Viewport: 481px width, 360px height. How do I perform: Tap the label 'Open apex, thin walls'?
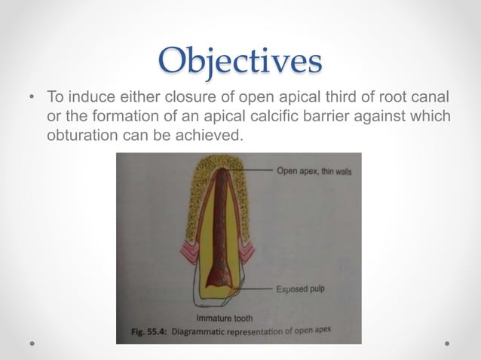click(314, 171)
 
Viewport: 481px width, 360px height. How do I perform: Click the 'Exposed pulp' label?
click(299, 288)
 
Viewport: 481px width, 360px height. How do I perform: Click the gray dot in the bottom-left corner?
click(33, 343)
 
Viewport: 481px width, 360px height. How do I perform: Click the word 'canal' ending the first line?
click(432, 98)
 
